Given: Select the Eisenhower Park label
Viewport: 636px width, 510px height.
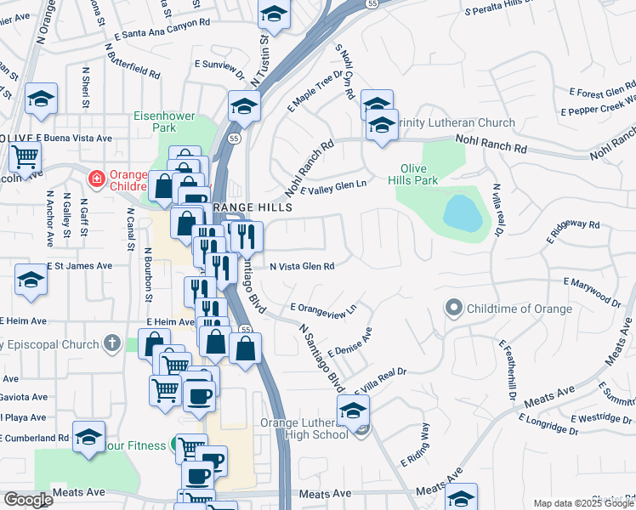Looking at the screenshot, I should pos(164,122).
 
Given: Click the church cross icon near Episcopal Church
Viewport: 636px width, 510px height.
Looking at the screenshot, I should pos(110,343).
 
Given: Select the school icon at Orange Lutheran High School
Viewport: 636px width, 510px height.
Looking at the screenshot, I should pos(353,410).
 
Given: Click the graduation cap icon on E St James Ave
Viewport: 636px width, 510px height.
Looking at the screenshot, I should pos(31,280).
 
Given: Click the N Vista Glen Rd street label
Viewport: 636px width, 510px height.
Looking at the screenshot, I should pos(302,266).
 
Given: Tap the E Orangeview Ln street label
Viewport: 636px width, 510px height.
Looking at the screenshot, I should pos(322,307).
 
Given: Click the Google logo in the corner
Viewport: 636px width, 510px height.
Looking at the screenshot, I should pos(28,500).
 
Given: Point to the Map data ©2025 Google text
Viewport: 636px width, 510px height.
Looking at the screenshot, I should pos(582,503).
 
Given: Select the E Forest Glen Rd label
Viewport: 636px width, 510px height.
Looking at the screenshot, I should pos(602,90).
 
